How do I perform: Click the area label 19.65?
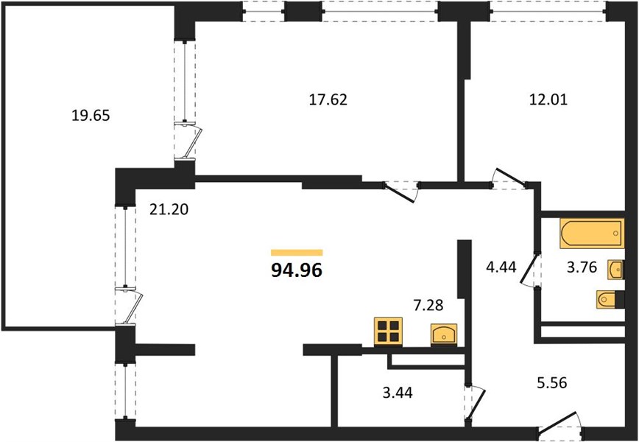click(x=91, y=116)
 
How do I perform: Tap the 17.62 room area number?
click(x=328, y=99)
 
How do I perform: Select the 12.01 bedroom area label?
click(x=548, y=99)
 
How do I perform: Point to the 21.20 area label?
click(x=169, y=210)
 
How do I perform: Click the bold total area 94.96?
click(x=297, y=270)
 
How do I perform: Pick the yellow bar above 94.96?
click(x=297, y=253)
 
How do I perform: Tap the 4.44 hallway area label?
click(x=501, y=267)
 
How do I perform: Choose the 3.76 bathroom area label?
click(x=582, y=267)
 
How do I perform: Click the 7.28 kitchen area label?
click(x=428, y=304)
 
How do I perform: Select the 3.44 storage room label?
click(x=398, y=393)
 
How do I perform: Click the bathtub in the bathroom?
click(x=592, y=234)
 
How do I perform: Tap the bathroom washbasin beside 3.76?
click(x=615, y=270)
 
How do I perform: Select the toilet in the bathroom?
click(x=610, y=300)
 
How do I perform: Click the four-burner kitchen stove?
click(x=388, y=331)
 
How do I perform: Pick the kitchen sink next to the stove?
click(x=444, y=334)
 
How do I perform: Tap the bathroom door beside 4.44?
click(x=530, y=270)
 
